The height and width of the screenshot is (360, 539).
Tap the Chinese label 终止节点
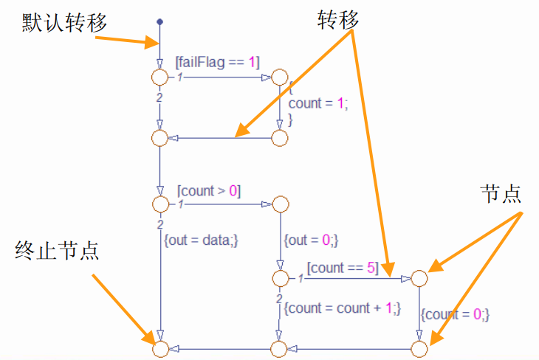click(57, 251)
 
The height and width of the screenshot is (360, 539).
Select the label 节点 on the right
click(500, 194)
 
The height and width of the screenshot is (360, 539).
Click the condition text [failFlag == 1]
click(217, 63)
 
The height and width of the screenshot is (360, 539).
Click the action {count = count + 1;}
click(341, 308)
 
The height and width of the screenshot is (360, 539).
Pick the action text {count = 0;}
click(455, 314)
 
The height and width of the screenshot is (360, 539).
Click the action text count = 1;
click(317, 103)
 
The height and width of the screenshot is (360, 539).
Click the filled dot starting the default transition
click(159, 22)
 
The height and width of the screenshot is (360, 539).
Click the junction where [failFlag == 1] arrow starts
click(159, 77)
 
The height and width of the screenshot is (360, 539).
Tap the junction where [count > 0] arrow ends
click(280, 204)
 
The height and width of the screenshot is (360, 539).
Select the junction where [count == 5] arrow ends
click(419, 279)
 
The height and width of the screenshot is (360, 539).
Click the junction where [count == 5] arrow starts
click(280, 279)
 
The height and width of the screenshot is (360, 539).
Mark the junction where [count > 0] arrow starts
click(159, 204)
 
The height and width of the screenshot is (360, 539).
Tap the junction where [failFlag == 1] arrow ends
click(280, 77)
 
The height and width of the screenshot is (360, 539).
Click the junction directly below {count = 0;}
click(419, 347)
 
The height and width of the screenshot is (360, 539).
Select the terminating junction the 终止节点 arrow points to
click(159, 347)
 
